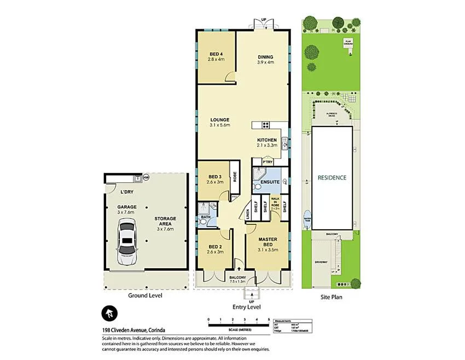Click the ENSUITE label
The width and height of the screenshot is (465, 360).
click(x=270, y=182)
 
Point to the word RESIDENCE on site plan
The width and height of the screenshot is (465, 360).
click(x=332, y=178)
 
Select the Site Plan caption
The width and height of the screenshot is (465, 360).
click(x=332, y=296)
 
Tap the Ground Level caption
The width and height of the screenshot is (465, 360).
click(x=145, y=295)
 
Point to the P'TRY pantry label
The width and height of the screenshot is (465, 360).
click(x=268, y=162)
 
